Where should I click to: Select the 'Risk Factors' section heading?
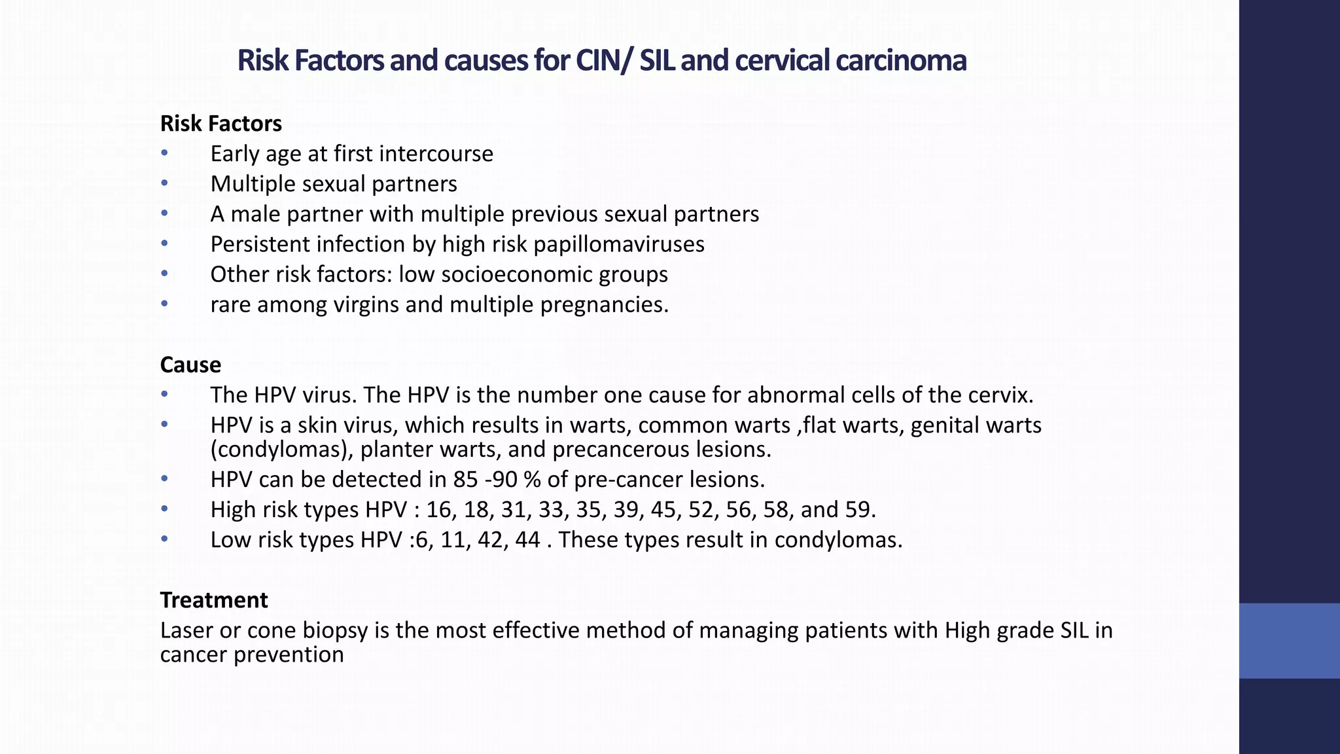point(221,124)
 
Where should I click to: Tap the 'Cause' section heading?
point(190,365)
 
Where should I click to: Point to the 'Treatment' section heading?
point(214,600)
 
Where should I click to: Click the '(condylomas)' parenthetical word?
point(281,450)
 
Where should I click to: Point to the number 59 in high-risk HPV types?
point(858,510)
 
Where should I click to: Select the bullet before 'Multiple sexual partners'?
point(164,184)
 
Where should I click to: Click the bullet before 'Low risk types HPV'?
point(164,540)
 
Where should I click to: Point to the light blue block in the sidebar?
point(1289,641)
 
